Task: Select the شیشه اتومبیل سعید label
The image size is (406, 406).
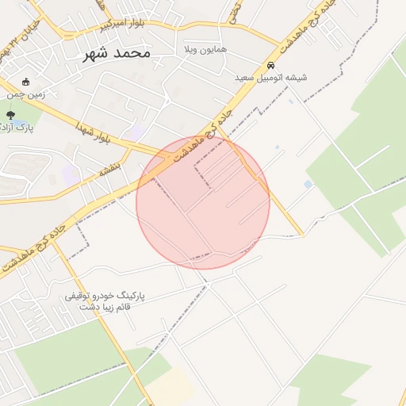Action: [270, 78]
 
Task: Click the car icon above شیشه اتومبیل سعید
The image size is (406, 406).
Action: [271, 65]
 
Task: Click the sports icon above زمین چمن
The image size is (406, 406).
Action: [25, 81]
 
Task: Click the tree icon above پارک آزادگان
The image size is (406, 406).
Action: [10, 115]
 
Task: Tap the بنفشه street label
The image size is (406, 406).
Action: [109, 170]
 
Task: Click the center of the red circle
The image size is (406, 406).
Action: [203, 202]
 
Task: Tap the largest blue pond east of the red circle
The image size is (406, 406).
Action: [308, 184]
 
